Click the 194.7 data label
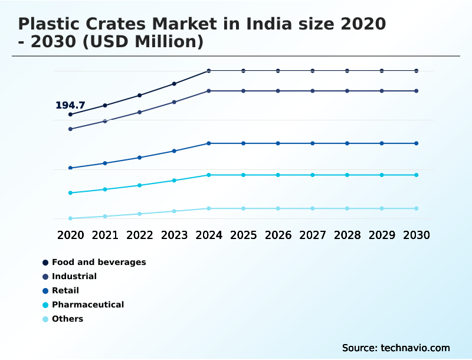coord(70,106)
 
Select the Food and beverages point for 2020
coord(71,114)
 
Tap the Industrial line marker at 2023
coord(174,102)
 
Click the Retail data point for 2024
coord(209,143)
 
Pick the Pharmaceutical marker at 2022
coord(140,185)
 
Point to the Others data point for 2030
coord(417,208)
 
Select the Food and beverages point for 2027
coord(313,71)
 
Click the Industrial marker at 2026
coord(278,91)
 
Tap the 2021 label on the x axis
coord(105,235)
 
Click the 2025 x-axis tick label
coord(243,235)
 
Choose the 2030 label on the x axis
coord(417,235)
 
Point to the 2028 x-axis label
coord(347,235)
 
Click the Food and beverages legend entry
coord(99,262)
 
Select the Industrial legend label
coord(74,276)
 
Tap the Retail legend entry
coord(65,290)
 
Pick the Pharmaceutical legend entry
coord(87,305)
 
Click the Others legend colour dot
coord(45,319)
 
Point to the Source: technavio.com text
coord(396,348)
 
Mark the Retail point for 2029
coord(382,143)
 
